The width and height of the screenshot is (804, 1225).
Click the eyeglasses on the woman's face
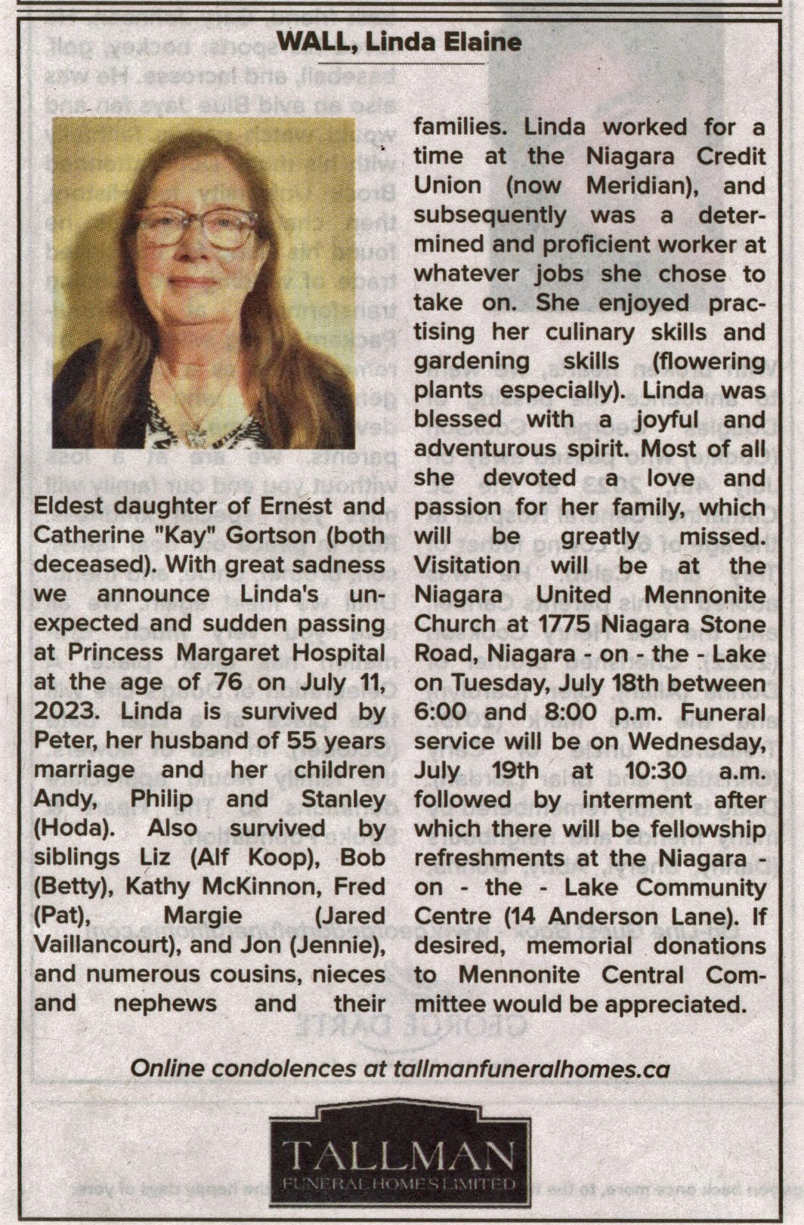point(196,226)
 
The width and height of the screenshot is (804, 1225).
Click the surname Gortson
point(258,535)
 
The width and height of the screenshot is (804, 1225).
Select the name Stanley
point(344,799)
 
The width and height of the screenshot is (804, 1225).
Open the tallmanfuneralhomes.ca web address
point(532,1069)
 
